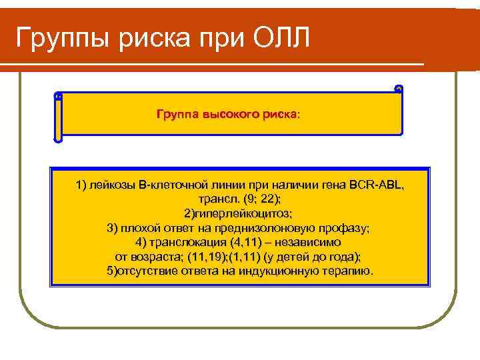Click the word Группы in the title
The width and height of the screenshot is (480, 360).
tap(61, 39)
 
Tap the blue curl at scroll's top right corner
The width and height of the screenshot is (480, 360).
tap(399, 89)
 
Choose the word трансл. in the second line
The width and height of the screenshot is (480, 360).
tap(215, 199)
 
